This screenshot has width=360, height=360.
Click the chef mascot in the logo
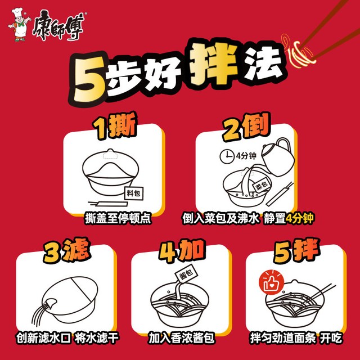(x=19, y=25)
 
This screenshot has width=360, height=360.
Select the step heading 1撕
(x=114, y=125)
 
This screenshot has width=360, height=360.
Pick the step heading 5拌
(x=296, y=250)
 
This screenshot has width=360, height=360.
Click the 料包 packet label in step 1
(x=134, y=193)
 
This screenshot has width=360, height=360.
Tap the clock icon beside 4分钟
(x=227, y=156)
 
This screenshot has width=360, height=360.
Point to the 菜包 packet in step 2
(x=262, y=185)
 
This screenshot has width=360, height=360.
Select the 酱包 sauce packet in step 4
(x=187, y=274)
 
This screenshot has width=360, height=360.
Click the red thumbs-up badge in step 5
(x=271, y=283)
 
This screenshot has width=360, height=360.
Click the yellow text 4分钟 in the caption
(x=299, y=218)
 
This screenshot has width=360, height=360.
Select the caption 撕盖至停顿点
(x=118, y=218)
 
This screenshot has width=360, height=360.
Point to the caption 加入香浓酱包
(x=181, y=338)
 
